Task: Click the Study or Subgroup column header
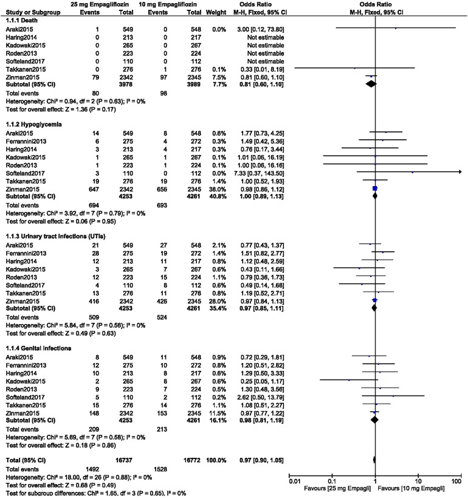pyautogui.click(x=29, y=12)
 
